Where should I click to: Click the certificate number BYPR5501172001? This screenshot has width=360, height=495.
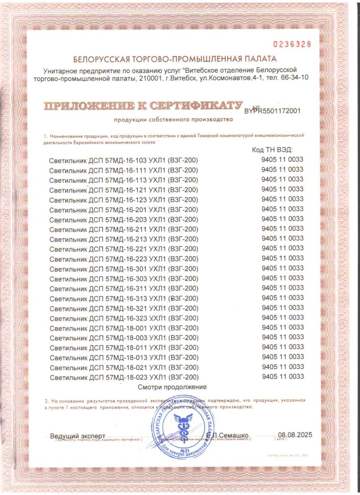(x=272, y=110)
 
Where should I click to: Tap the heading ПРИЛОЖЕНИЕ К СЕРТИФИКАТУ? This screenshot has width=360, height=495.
(x=140, y=106)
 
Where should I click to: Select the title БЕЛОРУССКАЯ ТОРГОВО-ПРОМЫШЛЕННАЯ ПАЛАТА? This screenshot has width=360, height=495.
(x=175, y=59)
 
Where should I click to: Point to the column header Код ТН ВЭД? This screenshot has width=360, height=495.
(x=273, y=150)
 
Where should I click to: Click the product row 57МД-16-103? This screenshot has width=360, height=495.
(x=124, y=160)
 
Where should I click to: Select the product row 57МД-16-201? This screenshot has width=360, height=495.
(x=124, y=210)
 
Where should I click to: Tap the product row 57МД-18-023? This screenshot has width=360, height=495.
(x=124, y=377)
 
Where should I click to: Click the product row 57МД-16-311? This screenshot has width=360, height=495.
(x=124, y=289)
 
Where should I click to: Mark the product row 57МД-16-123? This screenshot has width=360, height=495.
(x=124, y=200)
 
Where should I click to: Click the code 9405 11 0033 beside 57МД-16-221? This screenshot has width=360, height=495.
(x=282, y=248)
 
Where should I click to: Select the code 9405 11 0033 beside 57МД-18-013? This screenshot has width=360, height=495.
(x=282, y=357)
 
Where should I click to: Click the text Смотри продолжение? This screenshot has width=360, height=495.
(x=172, y=387)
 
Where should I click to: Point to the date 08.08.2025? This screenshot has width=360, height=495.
(x=295, y=435)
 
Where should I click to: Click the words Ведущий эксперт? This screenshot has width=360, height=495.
(x=77, y=436)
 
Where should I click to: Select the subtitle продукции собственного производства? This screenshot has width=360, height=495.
(x=174, y=120)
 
